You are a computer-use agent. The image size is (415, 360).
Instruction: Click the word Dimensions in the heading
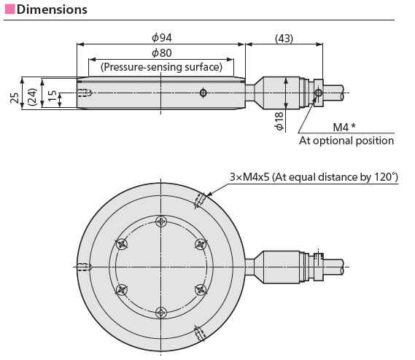(52, 9)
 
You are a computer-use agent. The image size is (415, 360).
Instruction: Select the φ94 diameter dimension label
(161, 38)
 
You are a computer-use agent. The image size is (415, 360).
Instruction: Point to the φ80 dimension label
(161, 53)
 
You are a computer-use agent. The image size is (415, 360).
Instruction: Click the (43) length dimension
(284, 38)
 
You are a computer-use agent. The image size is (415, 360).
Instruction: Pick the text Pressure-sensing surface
(161, 67)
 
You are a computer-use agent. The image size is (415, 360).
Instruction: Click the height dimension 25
(15, 98)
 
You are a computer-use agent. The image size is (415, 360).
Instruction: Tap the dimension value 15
(51, 96)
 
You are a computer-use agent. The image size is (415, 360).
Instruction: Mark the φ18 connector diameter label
(279, 121)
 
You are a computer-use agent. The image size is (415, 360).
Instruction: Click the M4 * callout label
(344, 126)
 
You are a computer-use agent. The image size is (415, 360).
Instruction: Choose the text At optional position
(346, 140)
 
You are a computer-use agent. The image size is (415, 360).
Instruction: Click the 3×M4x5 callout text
(314, 176)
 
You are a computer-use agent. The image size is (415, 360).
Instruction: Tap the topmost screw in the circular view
(161, 222)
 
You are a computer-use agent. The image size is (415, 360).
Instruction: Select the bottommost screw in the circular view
(161, 312)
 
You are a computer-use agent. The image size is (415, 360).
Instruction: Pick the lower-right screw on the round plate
(201, 289)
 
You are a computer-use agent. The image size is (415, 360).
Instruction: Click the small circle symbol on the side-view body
(203, 93)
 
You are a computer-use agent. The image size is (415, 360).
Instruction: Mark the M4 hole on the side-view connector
(317, 93)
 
